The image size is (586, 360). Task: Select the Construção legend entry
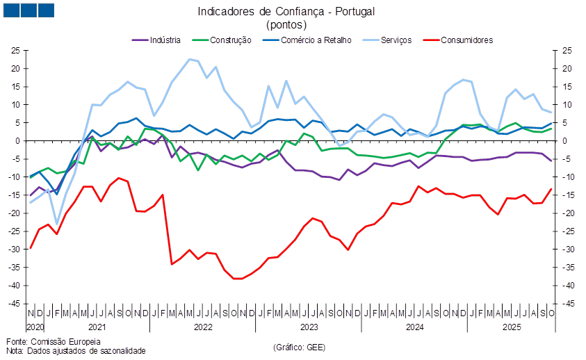[x=230, y=40]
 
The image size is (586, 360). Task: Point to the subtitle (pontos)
[x=285, y=24]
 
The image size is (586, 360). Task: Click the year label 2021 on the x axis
[x=97, y=326]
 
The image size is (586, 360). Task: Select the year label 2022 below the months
[x=203, y=326]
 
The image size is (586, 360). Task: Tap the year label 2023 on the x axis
[x=309, y=326]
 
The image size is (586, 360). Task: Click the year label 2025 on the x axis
[x=512, y=326]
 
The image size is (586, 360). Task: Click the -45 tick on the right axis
[x=567, y=304]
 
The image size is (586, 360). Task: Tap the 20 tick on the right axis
[x=567, y=69]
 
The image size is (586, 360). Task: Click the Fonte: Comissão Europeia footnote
[x=53, y=341]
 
